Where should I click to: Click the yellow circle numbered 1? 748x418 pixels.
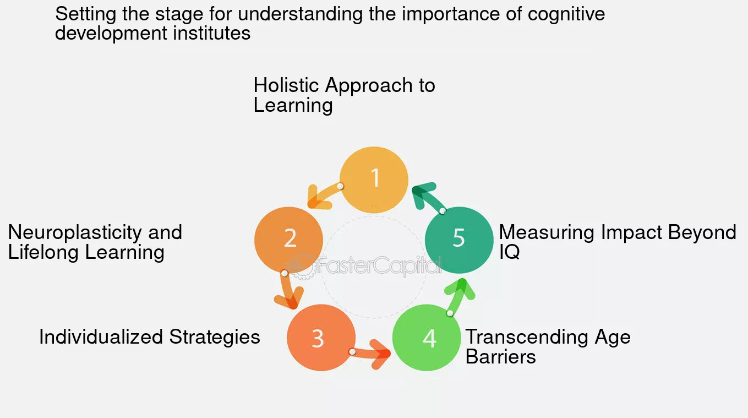pos(374,180)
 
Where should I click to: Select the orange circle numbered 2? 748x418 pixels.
pos(288,240)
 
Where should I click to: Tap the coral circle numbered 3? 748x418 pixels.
pos(321,338)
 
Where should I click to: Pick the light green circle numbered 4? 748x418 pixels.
pos(426,338)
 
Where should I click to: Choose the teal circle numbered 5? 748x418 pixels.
pos(459,240)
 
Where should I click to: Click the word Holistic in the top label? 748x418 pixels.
pos(287,85)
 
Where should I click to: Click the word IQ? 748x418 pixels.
pos(509,253)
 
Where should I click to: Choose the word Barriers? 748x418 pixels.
pos(500,357)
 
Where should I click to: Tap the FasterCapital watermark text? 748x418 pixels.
pos(380,267)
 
